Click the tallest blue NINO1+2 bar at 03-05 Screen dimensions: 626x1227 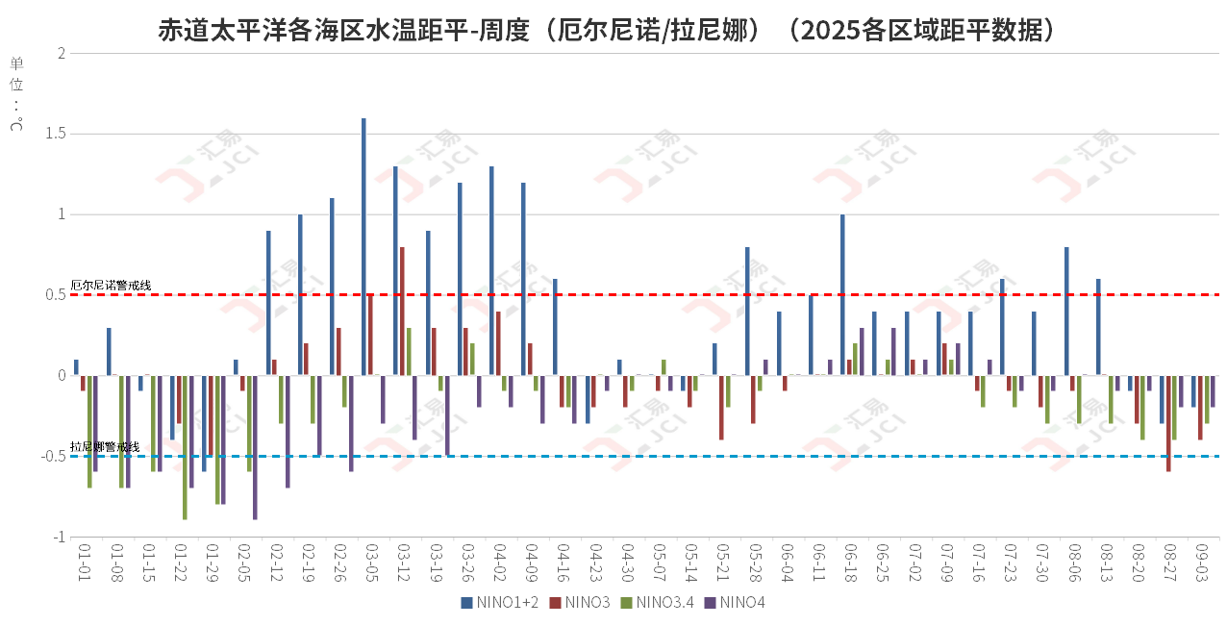363,247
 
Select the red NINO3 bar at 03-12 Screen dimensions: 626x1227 402,311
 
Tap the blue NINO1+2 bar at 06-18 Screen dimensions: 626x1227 842,294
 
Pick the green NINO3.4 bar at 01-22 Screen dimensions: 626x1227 185,447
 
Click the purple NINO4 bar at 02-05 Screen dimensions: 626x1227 255,447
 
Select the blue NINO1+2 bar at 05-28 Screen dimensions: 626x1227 747,311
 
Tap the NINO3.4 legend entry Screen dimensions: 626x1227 659,603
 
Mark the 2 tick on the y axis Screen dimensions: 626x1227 61,53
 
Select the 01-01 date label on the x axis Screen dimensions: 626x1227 84,561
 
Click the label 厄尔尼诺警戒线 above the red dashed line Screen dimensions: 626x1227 111,286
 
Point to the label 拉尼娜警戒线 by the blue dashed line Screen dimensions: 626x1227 105,447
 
